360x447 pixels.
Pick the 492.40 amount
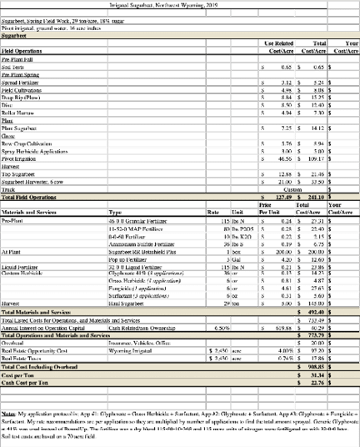coord(313,311)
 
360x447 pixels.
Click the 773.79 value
coord(313,334)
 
